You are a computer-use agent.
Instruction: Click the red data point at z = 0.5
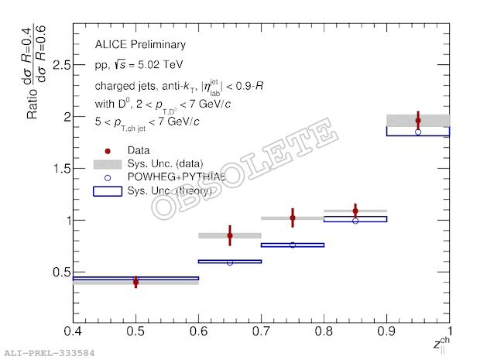136,283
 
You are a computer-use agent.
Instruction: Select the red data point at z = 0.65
230,235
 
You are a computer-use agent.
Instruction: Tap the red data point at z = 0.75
293,218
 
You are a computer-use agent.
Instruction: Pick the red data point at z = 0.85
355,211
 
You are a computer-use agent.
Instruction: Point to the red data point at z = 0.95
418,121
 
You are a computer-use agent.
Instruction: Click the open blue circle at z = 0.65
230,262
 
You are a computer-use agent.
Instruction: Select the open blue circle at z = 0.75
293,245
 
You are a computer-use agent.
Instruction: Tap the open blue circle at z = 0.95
418,132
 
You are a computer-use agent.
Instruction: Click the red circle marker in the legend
108,150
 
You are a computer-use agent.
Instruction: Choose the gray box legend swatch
108,163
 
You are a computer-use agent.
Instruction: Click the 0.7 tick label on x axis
262,332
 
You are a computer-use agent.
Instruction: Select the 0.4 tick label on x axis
74,332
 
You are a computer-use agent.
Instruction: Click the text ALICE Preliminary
141,45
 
